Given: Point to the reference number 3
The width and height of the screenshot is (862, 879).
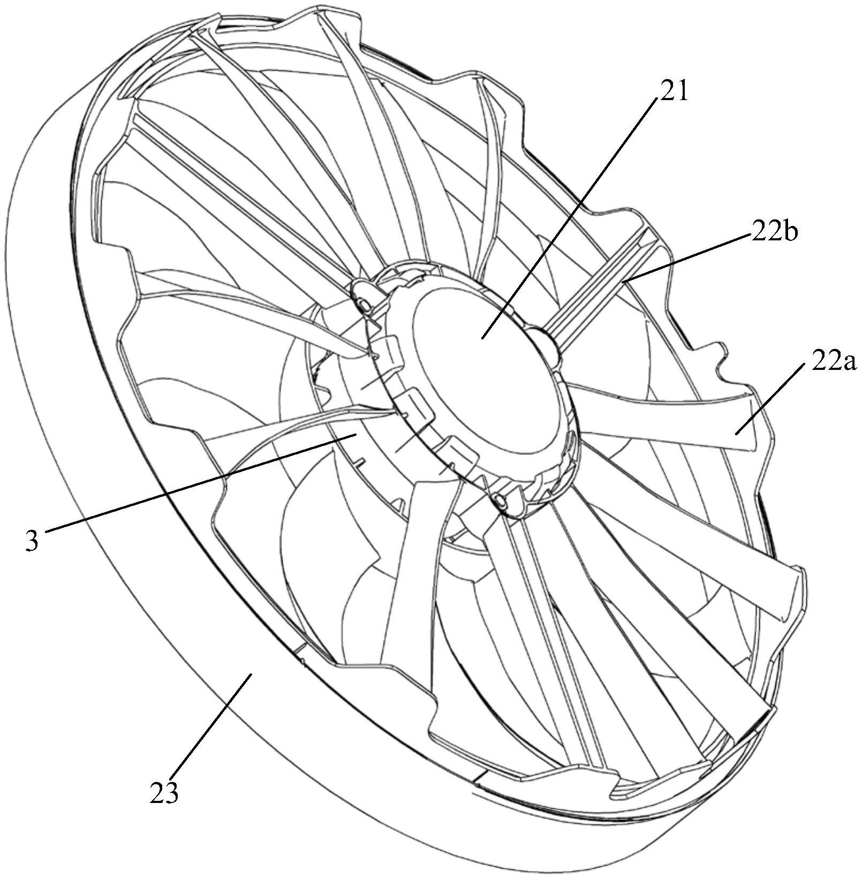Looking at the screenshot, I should pos(32,541).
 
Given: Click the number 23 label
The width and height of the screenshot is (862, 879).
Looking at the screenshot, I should pos(163,794).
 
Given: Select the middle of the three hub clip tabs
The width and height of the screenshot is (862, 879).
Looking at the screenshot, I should pos(418,403).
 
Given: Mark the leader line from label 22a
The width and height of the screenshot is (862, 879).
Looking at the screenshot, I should pos(771,399).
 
